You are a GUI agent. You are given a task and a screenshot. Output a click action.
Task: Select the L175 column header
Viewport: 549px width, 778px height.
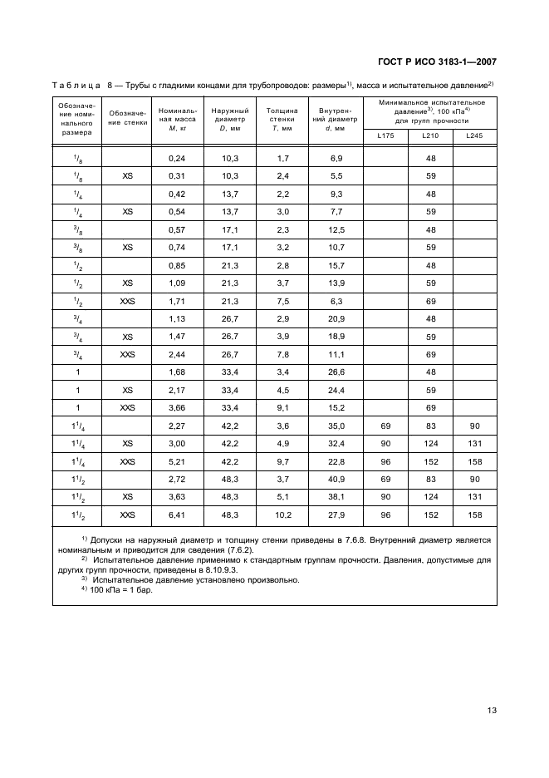385,135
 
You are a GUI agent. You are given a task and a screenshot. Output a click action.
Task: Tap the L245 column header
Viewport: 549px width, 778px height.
474,135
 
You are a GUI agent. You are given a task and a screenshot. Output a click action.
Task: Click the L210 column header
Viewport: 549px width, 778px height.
430,135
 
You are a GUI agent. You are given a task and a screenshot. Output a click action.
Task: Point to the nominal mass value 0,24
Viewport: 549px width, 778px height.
176,158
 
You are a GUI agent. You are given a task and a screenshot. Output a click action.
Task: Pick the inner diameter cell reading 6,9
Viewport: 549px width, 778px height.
336,158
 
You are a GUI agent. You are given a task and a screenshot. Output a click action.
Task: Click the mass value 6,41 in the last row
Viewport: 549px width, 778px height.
176,516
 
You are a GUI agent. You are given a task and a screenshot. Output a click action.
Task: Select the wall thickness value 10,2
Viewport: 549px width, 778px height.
282,516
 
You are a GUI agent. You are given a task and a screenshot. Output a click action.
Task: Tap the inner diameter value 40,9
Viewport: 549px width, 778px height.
336,480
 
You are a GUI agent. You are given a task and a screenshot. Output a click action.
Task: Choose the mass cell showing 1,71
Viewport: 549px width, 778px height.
176,301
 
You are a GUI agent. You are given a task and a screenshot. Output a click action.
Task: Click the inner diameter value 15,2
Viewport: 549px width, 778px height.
336,409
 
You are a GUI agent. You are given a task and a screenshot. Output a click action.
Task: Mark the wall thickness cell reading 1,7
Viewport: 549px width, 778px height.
282,158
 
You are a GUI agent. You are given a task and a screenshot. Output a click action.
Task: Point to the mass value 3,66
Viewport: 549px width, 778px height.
176,409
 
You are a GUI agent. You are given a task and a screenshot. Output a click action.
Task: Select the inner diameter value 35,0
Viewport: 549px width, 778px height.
336,426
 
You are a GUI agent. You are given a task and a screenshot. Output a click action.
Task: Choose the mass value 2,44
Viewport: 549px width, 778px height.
176,355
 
